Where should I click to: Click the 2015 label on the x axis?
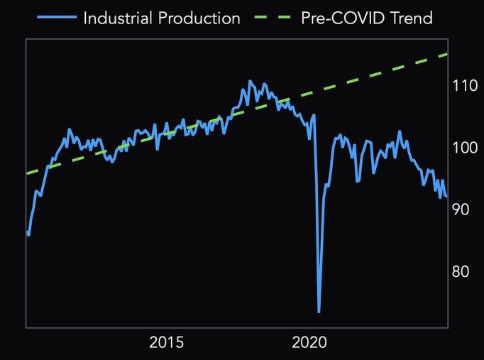coord(167,343)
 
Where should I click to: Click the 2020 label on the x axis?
coord(309,343)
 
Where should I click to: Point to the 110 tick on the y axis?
coord(464,86)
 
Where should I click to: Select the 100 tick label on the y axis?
coord(464,148)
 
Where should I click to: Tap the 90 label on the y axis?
coord(461,209)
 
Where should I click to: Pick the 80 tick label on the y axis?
coord(461,271)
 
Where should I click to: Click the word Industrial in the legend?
coord(117,18)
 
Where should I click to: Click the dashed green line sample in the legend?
coord(273,18)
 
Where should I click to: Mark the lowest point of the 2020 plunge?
coord(319,312)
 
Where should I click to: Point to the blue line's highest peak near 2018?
coord(249,81)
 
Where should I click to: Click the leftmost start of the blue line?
coord(27,231)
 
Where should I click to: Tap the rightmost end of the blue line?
coord(446,197)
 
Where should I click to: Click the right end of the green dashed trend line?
coord(447,54)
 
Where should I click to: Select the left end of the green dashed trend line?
coord(27,173)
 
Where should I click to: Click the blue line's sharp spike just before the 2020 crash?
coord(314,115)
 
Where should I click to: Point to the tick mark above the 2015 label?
coord(167,327)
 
